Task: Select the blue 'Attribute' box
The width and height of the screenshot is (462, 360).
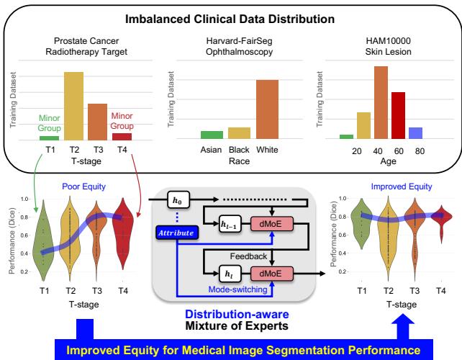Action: click(176, 231)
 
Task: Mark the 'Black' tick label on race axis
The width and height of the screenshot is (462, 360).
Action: click(237, 149)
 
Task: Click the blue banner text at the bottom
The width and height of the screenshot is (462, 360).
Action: click(232, 351)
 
